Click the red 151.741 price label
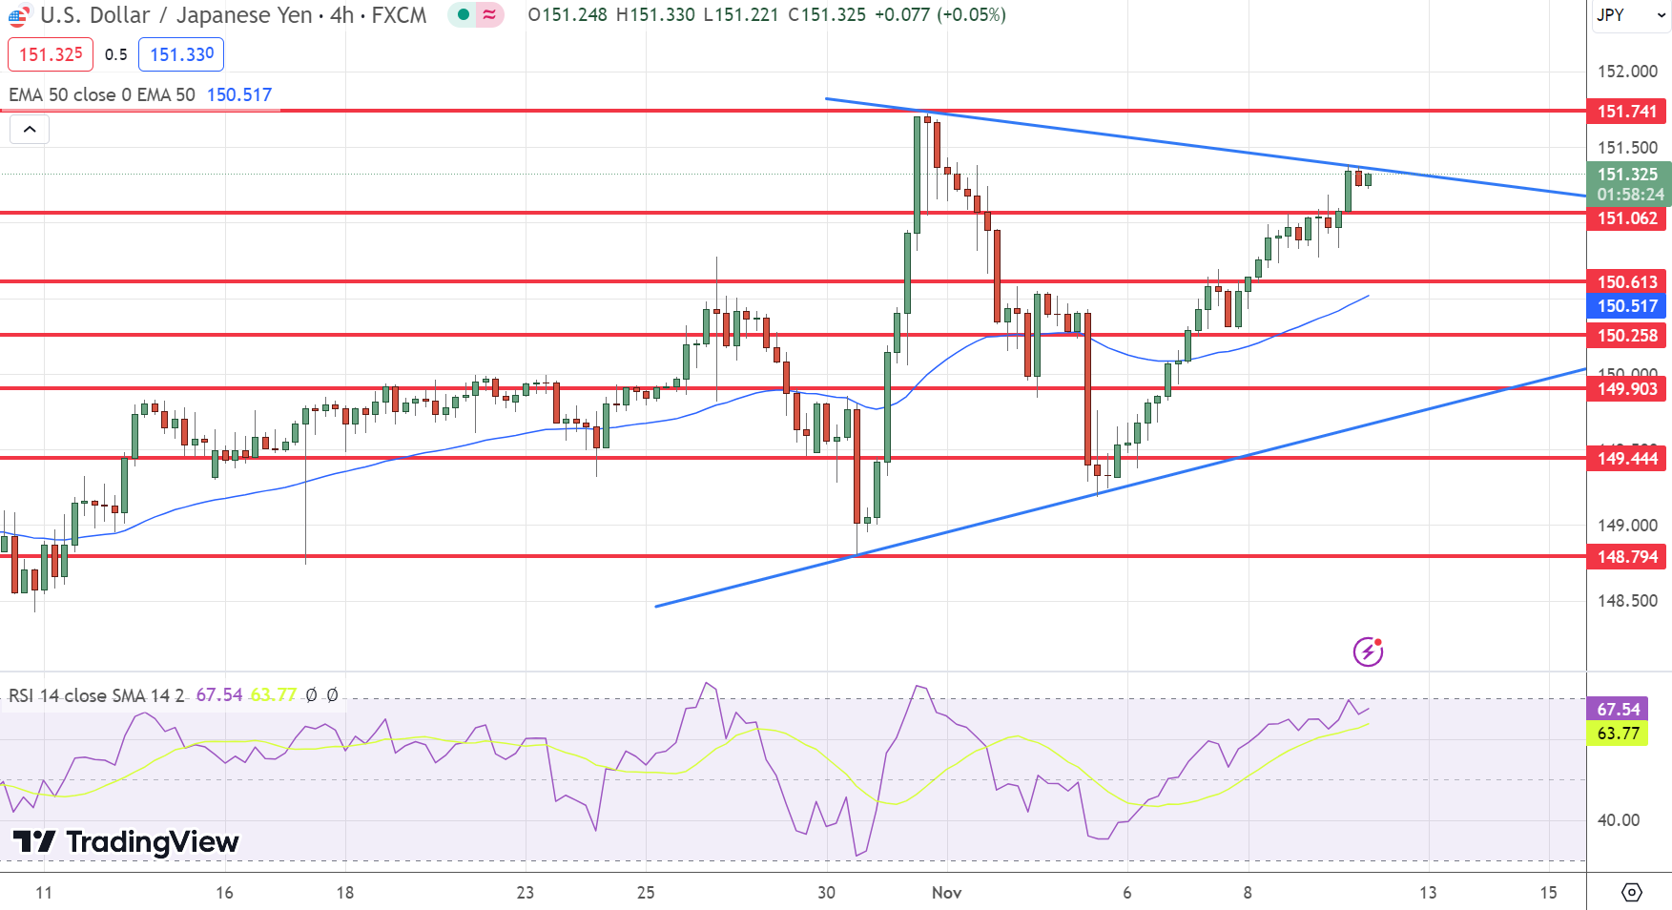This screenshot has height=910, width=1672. pyautogui.click(x=1626, y=112)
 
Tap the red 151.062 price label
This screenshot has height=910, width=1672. pyautogui.click(x=1626, y=218)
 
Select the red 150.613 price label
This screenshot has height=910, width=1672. pyautogui.click(x=1626, y=282)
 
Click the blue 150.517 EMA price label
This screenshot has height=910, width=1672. pyautogui.click(x=1626, y=306)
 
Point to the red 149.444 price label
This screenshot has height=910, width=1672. pyautogui.click(x=1626, y=459)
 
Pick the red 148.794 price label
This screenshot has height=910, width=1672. pyautogui.click(x=1626, y=557)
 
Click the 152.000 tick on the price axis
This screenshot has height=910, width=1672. pyautogui.click(x=1627, y=72)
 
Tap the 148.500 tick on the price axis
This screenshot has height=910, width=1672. pyautogui.click(x=1627, y=601)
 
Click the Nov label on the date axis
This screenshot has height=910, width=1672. pyautogui.click(x=946, y=893)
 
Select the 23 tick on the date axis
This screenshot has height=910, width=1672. pyautogui.click(x=525, y=893)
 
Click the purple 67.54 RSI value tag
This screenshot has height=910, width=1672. pyautogui.click(x=1618, y=710)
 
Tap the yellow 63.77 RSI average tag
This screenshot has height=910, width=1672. pyautogui.click(x=1618, y=734)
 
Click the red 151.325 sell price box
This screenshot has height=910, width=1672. pyautogui.click(x=51, y=54)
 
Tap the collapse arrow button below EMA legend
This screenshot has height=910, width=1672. pyautogui.click(x=30, y=130)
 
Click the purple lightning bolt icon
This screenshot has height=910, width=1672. pyautogui.click(x=1368, y=652)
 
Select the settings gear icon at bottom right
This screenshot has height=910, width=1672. pyautogui.click(x=1631, y=893)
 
